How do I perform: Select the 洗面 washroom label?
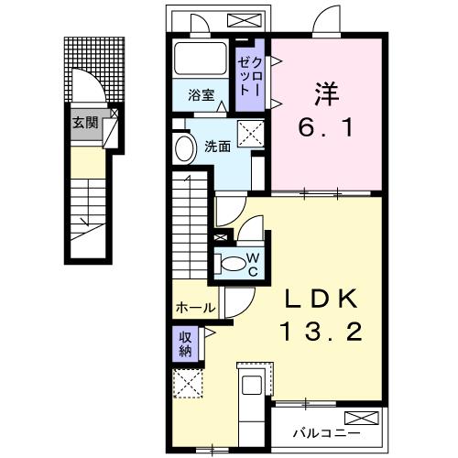(217, 145)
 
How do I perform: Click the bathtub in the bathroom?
(202, 60)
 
